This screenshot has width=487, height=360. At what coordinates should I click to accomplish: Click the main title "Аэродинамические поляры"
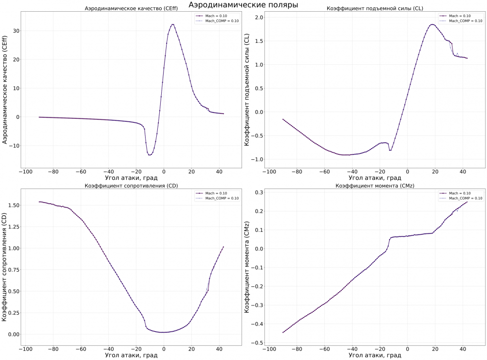pyautogui.click(x=243, y=4)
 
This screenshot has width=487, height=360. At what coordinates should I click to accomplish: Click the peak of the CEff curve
pyautogui.click(x=172, y=24)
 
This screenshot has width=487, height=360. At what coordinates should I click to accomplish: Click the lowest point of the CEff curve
pyautogui.click(x=150, y=154)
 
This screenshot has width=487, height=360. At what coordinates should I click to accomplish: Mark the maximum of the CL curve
pyautogui.click(x=432, y=24)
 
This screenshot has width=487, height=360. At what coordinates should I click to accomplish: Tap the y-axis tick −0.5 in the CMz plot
pyautogui.click(x=256, y=343)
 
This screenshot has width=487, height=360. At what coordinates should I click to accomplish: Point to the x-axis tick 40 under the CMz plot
pyautogui.click(x=463, y=349)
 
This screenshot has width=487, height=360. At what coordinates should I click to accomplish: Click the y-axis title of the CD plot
pyautogui.click(x=4, y=268)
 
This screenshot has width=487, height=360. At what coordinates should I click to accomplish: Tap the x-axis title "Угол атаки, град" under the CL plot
pyautogui.click(x=375, y=178)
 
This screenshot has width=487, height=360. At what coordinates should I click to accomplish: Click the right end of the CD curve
pyautogui.click(x=223, y=246)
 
